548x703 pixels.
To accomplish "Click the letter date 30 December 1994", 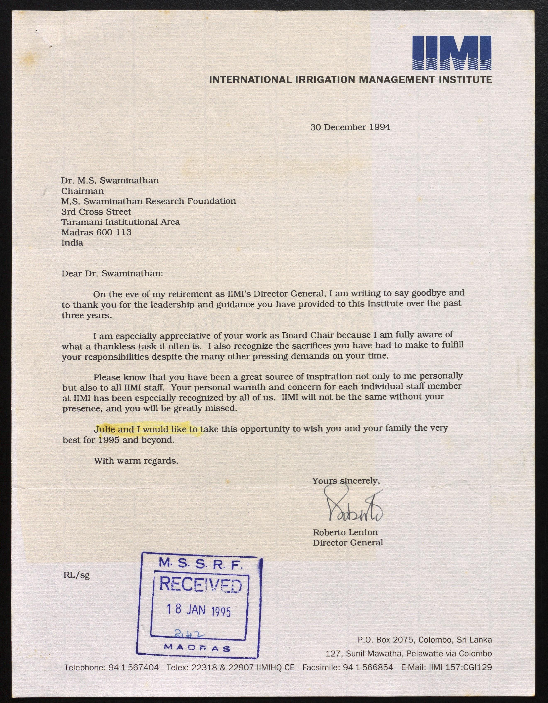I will coord(350,127).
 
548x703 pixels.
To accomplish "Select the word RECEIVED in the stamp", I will coord(200,585).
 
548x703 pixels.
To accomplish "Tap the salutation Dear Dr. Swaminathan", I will coord(112,274).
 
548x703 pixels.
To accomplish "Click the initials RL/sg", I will coord(77,575).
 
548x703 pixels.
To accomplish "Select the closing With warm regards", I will coord(136,461).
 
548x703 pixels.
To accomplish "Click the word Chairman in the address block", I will coord(82,191).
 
